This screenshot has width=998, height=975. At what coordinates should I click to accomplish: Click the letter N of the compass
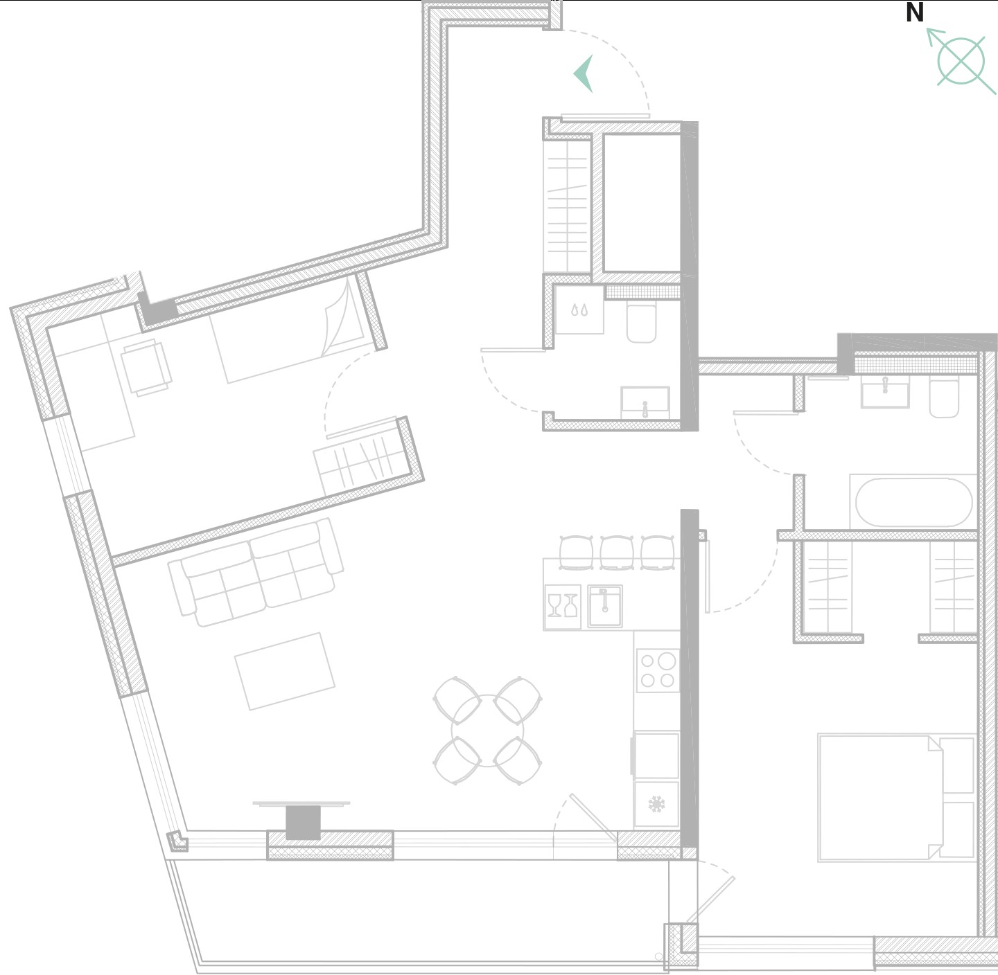click(914, 12)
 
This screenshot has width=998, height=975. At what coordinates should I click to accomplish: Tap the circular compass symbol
click(961, 62)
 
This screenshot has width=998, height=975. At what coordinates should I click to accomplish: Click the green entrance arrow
click(584, 73)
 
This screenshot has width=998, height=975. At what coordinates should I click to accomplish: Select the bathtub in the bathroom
click(913, 503)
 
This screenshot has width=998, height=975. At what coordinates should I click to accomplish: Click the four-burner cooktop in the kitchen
click(658, 671)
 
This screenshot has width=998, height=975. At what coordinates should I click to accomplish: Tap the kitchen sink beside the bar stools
click(605, 607)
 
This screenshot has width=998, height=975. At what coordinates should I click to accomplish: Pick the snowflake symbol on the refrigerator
click(656, 805)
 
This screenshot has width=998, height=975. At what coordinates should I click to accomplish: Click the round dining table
click(488, 731)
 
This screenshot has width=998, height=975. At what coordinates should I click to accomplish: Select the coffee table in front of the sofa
click(285, 671)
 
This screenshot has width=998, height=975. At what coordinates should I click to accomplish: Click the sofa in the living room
click(256, 573)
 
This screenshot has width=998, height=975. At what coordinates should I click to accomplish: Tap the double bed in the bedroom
click(896, 798)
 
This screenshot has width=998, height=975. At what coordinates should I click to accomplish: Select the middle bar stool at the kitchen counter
click(616, 553)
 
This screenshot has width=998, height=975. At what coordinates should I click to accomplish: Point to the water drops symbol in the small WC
click(579, 310)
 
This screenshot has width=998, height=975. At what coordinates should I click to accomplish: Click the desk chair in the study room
click(146, 367)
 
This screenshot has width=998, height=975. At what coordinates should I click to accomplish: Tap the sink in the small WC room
click(645, 403)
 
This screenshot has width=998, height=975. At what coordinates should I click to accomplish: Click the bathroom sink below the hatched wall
click(885, 393)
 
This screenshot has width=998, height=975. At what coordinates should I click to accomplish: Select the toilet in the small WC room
click(642, 323)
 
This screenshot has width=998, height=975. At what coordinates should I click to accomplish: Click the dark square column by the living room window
click(303, 823)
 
